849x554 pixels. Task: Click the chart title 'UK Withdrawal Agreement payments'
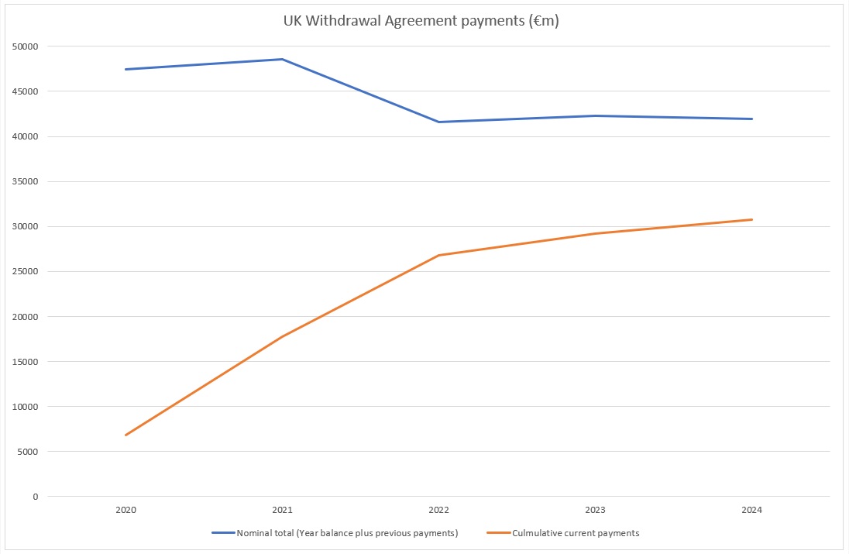tap(421, 22)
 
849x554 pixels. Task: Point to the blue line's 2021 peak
tap(282, 59)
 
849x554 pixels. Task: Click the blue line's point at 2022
tap(438, 122)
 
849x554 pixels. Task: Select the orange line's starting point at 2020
tap(125, 435)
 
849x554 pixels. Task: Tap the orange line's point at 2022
tap(438, 255)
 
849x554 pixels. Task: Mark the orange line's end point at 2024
tap(751, 219)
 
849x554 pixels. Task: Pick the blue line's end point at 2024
tap(751, 119)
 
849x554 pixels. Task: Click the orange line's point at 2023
tap(595, 233)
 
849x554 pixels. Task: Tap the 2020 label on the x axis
tap(125, 510)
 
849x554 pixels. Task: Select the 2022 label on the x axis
tap(438, 510)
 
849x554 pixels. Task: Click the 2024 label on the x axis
tap(751, 510)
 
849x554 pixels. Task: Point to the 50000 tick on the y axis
tap(26, 46)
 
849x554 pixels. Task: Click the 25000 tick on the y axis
tap(26, 271)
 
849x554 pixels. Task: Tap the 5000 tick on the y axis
tap(28, 452)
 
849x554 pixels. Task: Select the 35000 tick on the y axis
tap(26, 181)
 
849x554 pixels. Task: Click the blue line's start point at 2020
tap(125, 69)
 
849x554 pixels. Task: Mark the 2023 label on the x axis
tap(595, 510)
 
